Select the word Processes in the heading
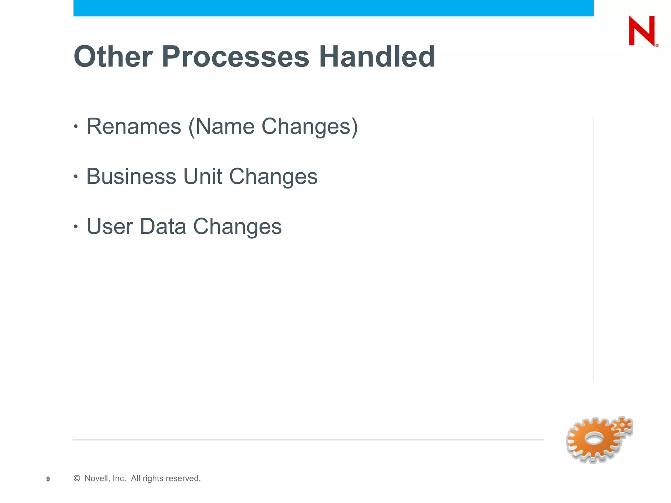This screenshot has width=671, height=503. [235, 57]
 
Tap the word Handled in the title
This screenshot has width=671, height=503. [377, 57]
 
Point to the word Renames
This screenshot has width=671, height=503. [134, 126]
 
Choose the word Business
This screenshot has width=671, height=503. [131, 177]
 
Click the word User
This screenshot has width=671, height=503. [110, 226]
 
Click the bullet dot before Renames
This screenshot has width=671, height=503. [76, 126]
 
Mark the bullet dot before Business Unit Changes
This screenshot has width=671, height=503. [76, 177]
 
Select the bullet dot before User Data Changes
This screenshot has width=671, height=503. [76, 226]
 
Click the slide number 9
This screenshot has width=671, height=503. [48, 479]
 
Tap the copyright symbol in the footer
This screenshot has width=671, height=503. [77, 478]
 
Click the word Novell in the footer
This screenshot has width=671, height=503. [96, 478]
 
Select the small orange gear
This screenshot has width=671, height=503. [623, 426]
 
